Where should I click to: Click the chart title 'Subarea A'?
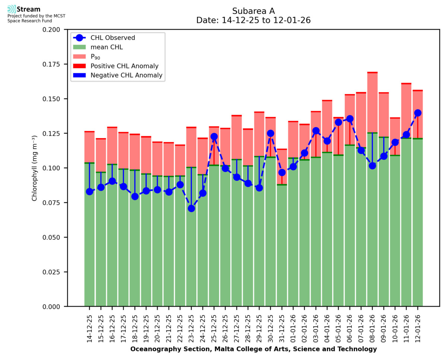pos(253,11)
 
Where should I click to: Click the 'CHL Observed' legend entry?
pos(112,38)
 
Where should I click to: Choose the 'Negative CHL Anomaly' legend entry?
pos(126,75)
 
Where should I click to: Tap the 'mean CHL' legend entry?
pos(107,47)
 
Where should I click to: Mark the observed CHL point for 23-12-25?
pos(191,208)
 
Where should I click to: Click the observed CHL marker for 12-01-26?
pos(418,113)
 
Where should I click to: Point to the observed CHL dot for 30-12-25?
pos(270,133)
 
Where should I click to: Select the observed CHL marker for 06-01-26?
pos(350,119)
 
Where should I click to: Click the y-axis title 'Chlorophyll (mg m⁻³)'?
pos(35,168)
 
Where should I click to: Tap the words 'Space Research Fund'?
pos(29,20)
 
